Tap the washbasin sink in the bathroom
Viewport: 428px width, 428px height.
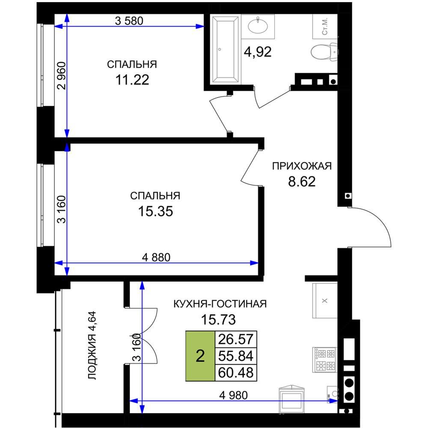[x=258, y=26]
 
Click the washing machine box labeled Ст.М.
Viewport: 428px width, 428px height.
[x=325, y=27]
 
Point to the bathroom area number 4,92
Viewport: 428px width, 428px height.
[x=258, y=52]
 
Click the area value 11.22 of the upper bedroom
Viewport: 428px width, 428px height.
[x=132, y=80]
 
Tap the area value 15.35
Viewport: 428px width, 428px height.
[x=156, y=211]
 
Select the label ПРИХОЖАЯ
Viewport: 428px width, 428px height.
[x=302, y=166]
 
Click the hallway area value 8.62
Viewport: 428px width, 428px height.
[x=302, y=181]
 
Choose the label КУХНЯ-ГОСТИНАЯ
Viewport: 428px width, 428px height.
[x=220, y=304]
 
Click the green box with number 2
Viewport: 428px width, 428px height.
[x=200, y=356]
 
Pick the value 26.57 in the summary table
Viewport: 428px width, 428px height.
[x=236, y=339]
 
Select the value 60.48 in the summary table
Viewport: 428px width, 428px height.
[x=236, y=373]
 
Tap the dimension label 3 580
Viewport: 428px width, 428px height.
[x=129, y=21]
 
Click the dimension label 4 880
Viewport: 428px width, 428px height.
[x=156, y=257]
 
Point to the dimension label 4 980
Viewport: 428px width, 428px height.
[x=234, y=395]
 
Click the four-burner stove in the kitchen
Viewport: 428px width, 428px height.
[x=325, y=360]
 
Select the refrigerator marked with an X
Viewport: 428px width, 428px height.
[x=325, y=300]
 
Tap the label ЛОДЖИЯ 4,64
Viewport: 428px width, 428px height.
[x=92, y=345]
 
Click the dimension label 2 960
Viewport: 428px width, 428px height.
[x=62, y=76]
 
